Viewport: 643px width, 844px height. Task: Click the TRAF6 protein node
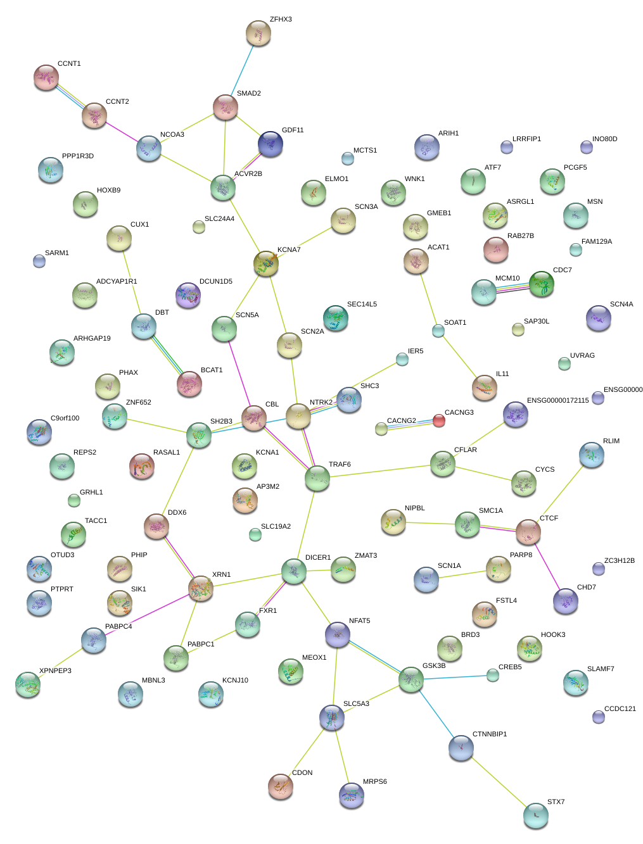317,478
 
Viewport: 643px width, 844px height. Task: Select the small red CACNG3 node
438,420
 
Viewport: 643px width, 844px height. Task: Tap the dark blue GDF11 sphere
271,144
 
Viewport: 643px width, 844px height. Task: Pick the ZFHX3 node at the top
258,33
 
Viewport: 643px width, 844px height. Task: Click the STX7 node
536,816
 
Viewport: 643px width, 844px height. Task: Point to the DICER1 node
294,571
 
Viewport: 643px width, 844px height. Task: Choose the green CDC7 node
542,284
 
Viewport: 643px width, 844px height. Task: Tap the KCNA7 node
266,263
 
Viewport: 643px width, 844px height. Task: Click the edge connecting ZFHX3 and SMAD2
241,70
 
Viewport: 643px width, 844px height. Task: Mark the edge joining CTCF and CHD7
547,566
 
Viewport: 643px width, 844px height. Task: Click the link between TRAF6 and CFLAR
380,471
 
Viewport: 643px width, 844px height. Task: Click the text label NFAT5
359,621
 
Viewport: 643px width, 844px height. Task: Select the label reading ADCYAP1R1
117,282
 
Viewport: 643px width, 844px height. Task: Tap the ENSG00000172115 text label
557,401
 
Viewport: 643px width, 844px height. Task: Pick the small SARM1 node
39,261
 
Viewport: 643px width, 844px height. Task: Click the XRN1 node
201,589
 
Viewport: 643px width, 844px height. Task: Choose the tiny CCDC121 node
599,717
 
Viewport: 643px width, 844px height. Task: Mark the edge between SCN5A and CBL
239,374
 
